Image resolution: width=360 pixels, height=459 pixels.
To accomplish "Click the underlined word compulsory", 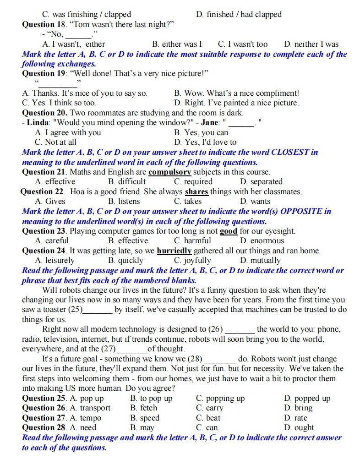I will point(169,172).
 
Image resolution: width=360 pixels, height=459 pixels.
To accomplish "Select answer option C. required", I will point(191,182).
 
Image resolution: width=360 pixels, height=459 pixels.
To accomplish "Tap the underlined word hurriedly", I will point(174,251).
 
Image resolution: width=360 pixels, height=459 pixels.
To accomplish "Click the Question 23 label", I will point(44,231).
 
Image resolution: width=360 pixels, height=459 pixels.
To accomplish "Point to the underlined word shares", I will point(196,192).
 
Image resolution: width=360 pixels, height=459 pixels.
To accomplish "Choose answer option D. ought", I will point(299,427).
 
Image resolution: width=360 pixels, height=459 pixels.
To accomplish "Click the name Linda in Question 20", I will point(38,123).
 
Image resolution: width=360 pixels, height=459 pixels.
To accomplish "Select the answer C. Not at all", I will point(55,142).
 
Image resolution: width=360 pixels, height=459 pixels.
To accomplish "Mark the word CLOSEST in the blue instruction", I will point(291,152).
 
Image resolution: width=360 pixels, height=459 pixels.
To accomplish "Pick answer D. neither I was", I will point(311,44).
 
